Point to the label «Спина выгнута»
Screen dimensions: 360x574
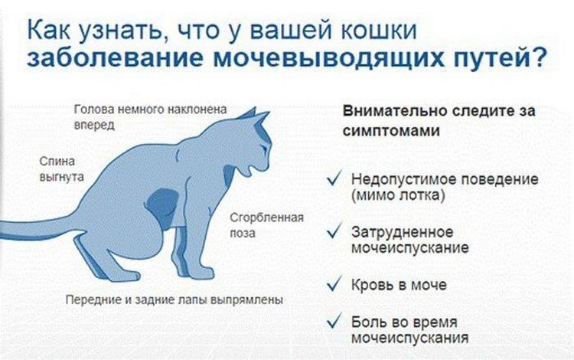(61, 169)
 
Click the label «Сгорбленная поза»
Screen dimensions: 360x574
(267, 224)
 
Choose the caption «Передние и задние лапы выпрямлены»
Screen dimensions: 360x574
(174, 299)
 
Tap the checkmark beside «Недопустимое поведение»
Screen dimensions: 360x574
(333, 179)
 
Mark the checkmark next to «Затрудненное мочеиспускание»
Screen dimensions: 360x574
(333, 231)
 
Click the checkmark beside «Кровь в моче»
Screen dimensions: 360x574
(333, 284)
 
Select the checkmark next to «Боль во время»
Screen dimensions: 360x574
(333, 322)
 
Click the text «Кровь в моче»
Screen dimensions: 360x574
(399, 285)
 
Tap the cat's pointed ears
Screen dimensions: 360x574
(254, 116)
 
